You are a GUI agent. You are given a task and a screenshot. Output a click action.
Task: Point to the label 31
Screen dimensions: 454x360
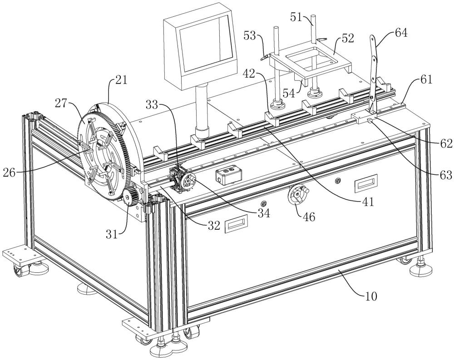tap(112, 234)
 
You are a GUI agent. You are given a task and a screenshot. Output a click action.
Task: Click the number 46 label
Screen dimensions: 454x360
tap(309, 217)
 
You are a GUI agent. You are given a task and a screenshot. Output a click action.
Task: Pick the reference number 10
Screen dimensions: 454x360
tap(370, 296)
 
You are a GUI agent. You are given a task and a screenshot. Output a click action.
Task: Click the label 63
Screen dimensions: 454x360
tap(444, 175)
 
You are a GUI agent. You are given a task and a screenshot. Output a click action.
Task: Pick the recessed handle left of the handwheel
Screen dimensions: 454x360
tap(236, 223)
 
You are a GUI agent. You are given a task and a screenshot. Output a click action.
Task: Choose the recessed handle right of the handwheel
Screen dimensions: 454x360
tap(366, 182)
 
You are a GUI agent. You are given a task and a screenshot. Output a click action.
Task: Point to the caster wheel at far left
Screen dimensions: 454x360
tap(19, 271)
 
